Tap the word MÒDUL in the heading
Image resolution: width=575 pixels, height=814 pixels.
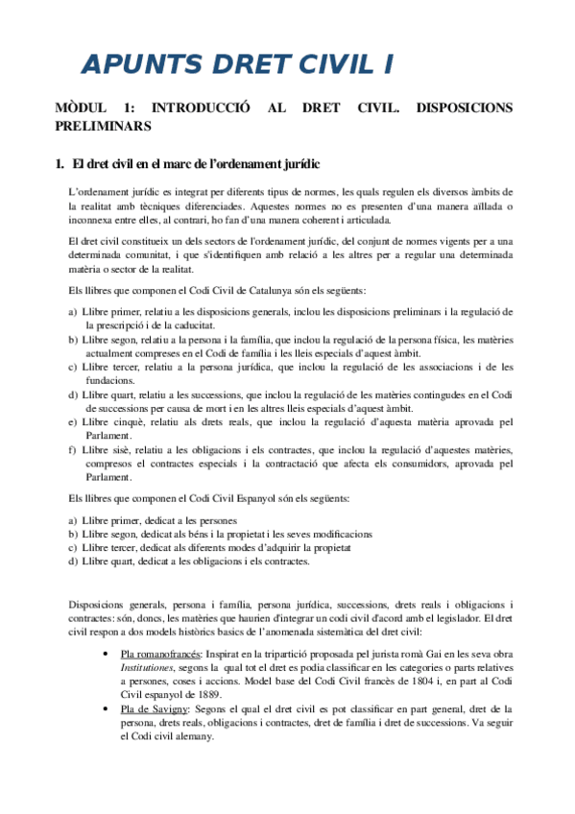tap(82, 108)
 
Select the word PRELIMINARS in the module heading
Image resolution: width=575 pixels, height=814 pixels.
tap(103, 126)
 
